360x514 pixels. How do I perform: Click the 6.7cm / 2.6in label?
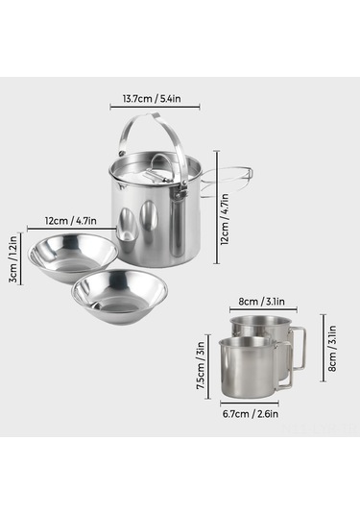[254, 415]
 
